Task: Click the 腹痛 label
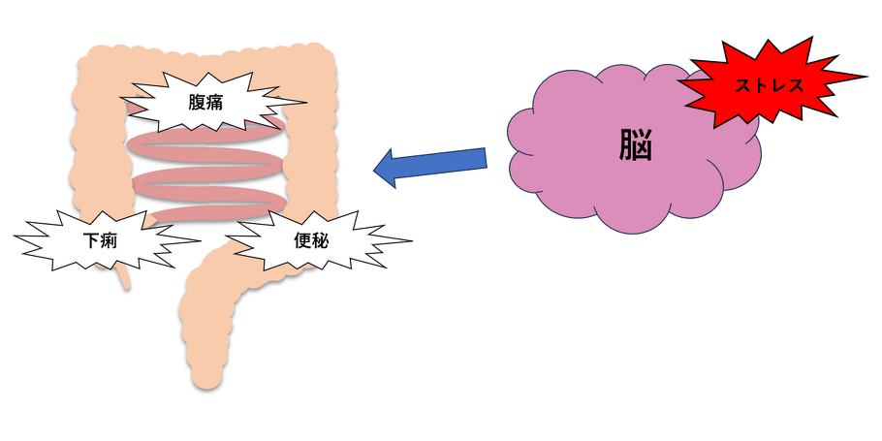[205, 104]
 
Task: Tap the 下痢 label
[100, 241]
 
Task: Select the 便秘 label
[311, 240]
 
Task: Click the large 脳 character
[636, 145]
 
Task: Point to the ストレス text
[769, 86]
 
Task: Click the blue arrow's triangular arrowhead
[387, 169]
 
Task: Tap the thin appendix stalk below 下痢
[125, 278]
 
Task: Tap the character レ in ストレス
[777, 86]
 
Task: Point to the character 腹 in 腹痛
[197, 104]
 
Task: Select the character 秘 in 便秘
[320, 240]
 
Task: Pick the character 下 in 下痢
[91, 241]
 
